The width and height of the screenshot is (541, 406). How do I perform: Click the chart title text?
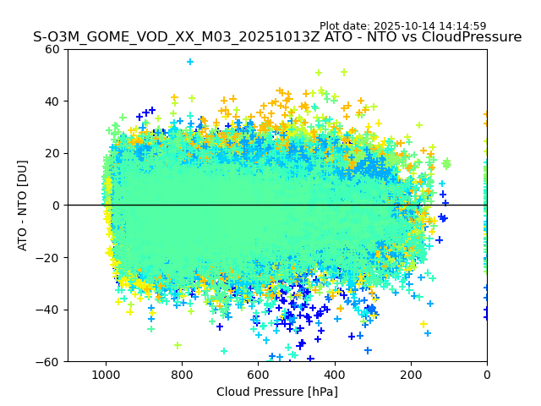click(x=277, y=37)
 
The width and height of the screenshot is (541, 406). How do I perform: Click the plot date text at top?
click(x=402, y=26)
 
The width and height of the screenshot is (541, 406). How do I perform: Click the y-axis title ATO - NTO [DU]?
click(x=23, y=205)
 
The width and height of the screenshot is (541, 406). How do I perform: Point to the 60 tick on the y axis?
click(x=52, y=49)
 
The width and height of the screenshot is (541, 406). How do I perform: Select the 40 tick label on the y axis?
click(x=52, y=101)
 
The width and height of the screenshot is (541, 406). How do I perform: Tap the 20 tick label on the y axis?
click(x=52, y=153)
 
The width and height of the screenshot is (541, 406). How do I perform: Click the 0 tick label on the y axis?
click(x=56, y=206)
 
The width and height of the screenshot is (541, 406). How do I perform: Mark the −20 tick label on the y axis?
click(x=49, y=258)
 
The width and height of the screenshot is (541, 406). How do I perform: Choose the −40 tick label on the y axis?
click(x=49, y=310)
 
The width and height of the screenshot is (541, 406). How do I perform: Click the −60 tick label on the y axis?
click(x=49, y=362)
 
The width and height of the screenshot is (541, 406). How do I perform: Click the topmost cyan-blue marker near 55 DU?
click(x=190, y=62)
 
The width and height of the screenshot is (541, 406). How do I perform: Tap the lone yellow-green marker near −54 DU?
click(x=178, y=345)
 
